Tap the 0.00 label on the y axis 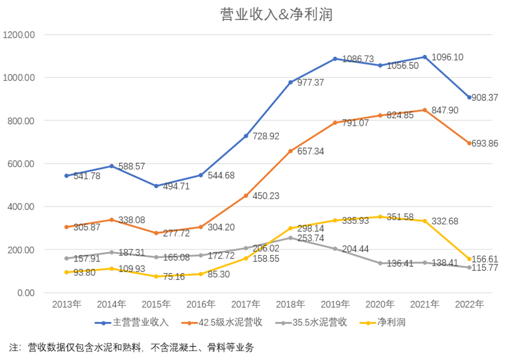pyautogui.click(x=25, y=293)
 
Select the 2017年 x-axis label pyautogui.click(x=245, y=305)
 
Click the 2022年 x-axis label pyautogui.click(x=469, y=305)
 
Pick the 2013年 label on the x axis pyautogui.click(x=67, y=305)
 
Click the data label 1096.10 pyautogui.click(x=447, y=57)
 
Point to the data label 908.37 pyautogui.click(x=489, y=97)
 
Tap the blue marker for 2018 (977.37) pyautogui.click(x=291, y=83)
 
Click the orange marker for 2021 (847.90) pyautogui.click(x=425, y=110)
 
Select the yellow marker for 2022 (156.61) pyautogui.click(x=469, y=259)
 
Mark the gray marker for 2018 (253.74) pyautogui.click(x=291, y=238)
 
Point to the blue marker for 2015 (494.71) pyautogui.click(x=156, y=186)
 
